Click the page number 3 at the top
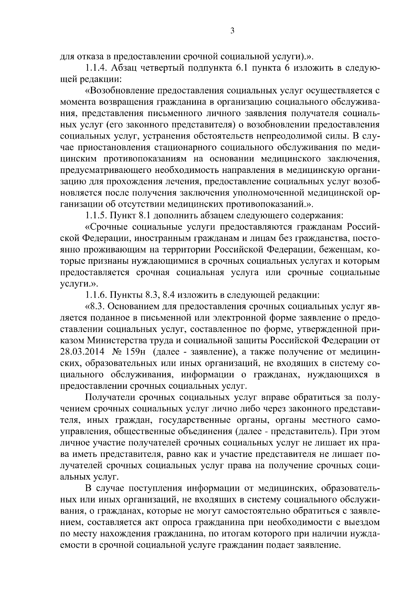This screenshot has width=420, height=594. point(232,31)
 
